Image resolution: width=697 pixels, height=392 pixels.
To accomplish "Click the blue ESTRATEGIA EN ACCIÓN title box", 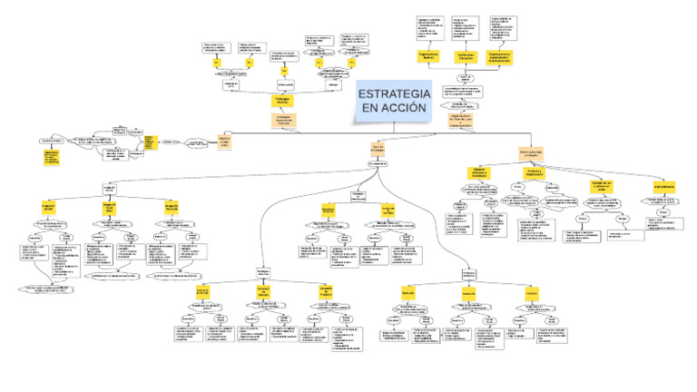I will pos(392,101).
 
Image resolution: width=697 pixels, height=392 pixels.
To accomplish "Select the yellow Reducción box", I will pos(408,294).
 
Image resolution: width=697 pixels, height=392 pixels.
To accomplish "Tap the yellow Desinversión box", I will pos(469,294).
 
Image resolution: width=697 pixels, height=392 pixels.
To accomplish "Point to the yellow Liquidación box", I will pos(532,294).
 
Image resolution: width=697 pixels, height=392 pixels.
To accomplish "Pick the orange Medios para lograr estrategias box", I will pos(530,151).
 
